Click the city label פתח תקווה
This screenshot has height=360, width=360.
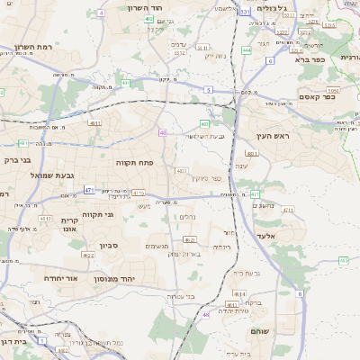tap(136, 162)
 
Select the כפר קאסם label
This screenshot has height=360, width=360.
tap(317, 97)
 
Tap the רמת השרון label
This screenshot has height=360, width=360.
tap(33, 47)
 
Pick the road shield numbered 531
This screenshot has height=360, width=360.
tap(246, 12)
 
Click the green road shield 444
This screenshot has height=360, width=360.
tap(246, 50)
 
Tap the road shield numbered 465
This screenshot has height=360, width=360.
tap(343, 260)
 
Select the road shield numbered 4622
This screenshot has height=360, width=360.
tap(88, 256)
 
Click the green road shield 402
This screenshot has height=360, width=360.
tap(148, 18)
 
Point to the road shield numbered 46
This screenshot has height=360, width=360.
tap(206, 315)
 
